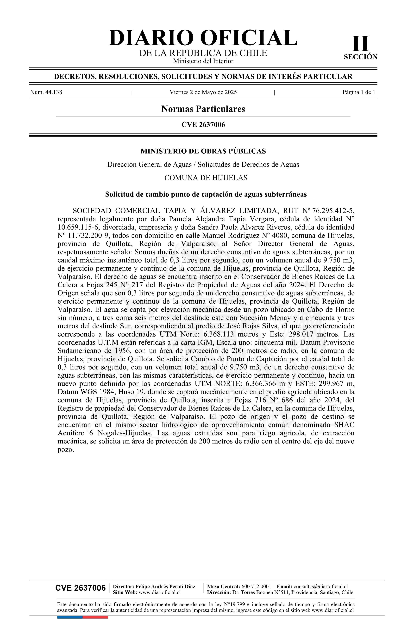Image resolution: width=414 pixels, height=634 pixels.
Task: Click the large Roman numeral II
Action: tap(361, 44)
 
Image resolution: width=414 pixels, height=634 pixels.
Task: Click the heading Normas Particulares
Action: tap(203, 109)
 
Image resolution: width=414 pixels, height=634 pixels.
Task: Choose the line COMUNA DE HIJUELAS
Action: tap(206, 178)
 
